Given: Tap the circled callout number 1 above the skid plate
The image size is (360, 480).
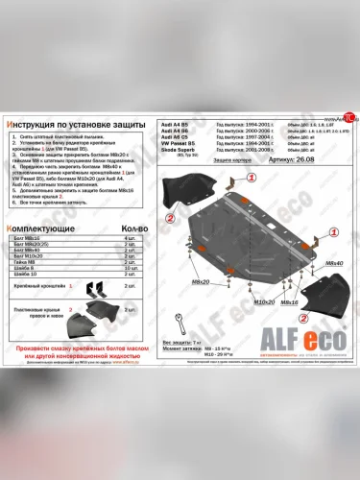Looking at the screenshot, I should point(252,179).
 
